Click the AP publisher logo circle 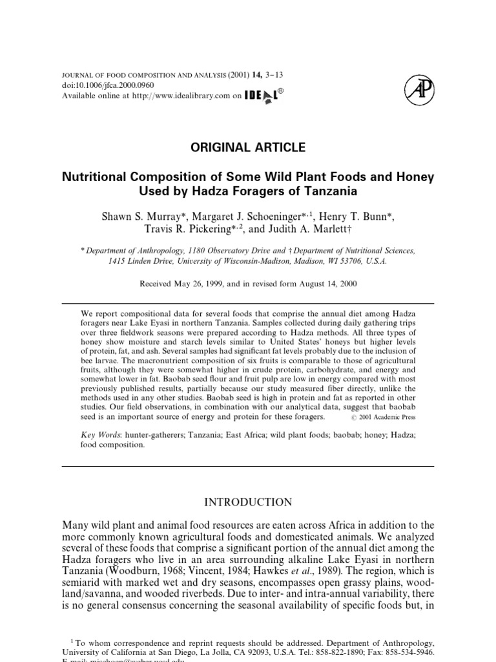pyautogui.click(x=418, y=89)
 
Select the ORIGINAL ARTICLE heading pyautogui.click(x=248, y=147)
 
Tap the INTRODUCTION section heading pyautogui.click(x=248, y=502)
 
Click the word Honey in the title pyautogui.click(x=418, y=176)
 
